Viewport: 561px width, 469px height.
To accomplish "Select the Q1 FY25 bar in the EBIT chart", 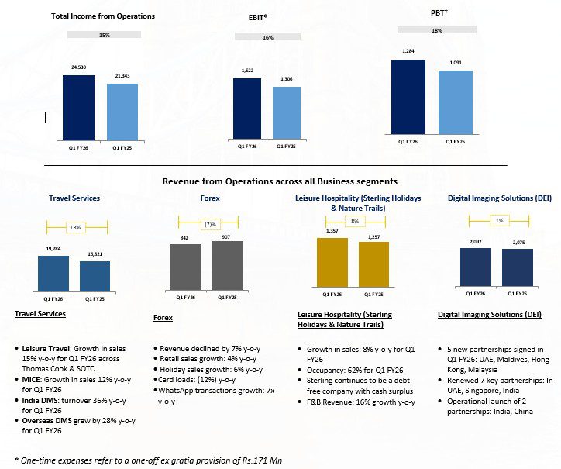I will [287, 113].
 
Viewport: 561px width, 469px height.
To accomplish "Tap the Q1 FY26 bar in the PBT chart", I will [408, 98].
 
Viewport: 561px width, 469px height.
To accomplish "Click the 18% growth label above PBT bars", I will [435, 29].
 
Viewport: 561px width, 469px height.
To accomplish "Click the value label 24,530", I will [78, 69].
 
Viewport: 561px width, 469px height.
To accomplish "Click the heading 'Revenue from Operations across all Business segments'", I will [280, 181].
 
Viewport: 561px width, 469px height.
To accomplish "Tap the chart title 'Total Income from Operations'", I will [103, 16].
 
